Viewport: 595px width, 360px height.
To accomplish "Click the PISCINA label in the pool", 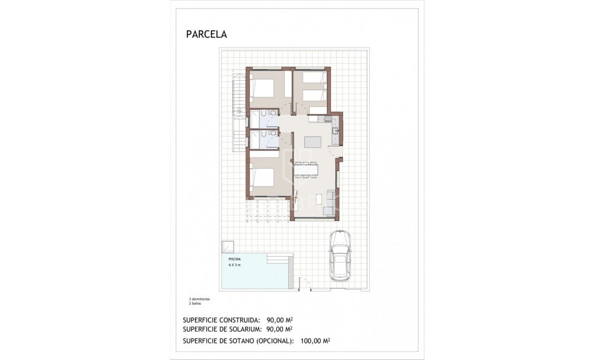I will tap(235, 260).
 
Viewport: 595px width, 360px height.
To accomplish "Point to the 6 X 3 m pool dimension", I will tap(235, 265).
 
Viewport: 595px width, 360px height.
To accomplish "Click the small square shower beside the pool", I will tap(227, 247).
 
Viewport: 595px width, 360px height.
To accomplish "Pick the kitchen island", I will tap(313, 143).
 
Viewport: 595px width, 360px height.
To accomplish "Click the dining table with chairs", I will tap(306, 170).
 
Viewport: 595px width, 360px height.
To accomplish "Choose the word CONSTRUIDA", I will tap(240, 320).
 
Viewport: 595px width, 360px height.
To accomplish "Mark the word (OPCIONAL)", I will tap(272, 341).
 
